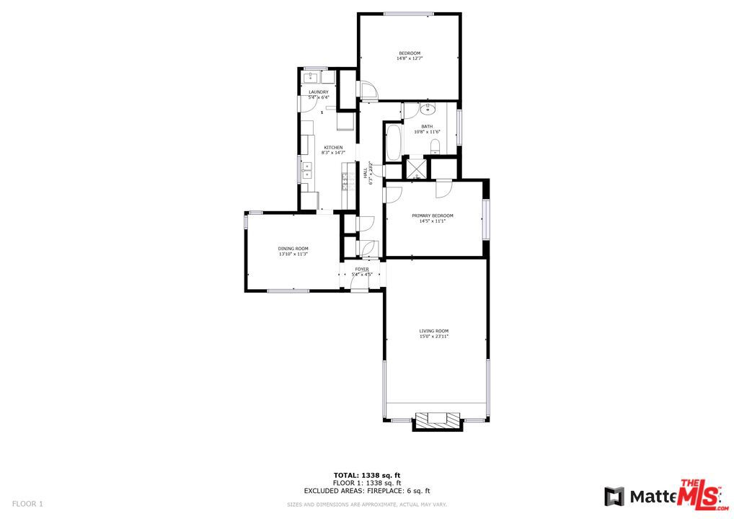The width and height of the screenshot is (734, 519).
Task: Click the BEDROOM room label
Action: pyautogui.click(x=409, y=53)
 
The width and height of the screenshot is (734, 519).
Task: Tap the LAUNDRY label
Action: pyautogui.click(x=319, y=92)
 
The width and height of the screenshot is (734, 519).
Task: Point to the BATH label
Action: pyautogui.click(x=428, y=126)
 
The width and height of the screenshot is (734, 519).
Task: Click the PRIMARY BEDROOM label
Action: pyautogui.click(x=433, y=216)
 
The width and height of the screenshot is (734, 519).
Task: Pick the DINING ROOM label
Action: pyautogui.click(x=293, y=249)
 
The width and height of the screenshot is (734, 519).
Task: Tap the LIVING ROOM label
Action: pyautogui.click(x=434, y=331)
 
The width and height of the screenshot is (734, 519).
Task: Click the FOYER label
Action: pyautogui.click(x=361, y=269)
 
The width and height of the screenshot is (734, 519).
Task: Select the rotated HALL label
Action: pyautogui.click(x=366, y=173)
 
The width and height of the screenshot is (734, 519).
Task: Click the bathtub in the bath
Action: pyautogui.click(x=393, y=143)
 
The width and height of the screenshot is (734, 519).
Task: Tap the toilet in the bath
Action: pyautogui.click(x=435, y=147)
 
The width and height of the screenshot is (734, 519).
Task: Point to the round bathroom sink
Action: pyautogui.click(x=428, y=110)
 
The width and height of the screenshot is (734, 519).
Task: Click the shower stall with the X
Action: pyautogui.click(x=415, y=168)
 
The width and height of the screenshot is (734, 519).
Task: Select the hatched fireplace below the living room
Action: pyautogui.click(x=436, y=420)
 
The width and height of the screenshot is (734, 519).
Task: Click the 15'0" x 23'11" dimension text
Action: pyautogui.click(x=434, y=337)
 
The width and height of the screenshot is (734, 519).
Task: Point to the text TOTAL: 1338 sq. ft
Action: pyautogui.click(x=366, y=475)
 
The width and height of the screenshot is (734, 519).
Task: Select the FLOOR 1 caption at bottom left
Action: pyautogui.click(x=28, y=503)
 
